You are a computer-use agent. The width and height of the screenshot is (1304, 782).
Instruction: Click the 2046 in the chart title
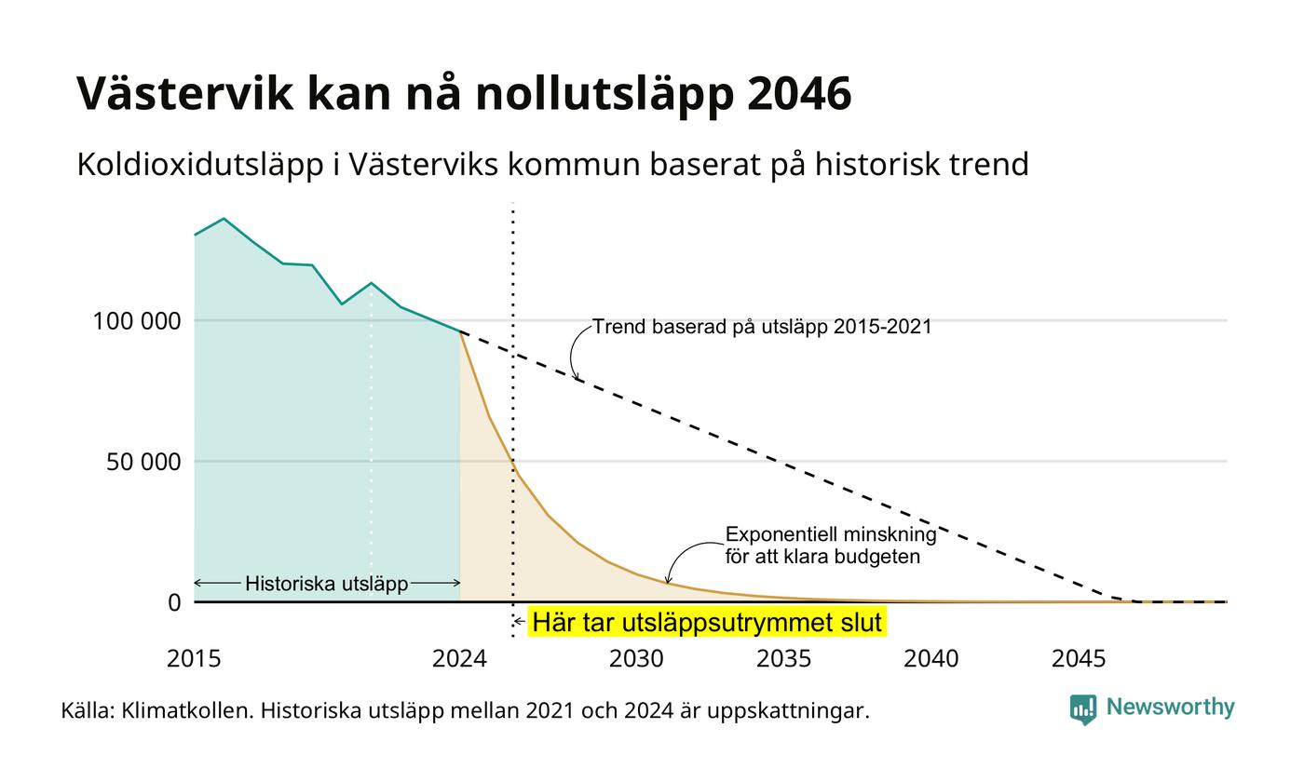pos(799,92)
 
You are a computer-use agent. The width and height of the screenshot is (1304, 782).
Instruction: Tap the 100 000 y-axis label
pos(138,321)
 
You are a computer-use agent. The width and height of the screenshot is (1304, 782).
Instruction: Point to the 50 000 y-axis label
pos(143,462)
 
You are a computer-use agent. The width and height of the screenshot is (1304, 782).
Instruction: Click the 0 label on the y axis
pos(175,603)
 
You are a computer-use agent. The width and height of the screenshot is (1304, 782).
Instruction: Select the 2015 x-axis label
pos(194,659)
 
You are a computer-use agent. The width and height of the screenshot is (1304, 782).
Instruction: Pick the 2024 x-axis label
pos(459,659)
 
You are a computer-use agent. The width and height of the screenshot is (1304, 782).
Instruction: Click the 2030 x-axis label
pos(636,659)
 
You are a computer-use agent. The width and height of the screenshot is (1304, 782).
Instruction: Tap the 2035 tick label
pos(783,659)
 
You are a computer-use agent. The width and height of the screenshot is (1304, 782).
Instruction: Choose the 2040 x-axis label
pos(930,659)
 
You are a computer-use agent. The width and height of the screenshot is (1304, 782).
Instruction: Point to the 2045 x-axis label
pos(1079,659)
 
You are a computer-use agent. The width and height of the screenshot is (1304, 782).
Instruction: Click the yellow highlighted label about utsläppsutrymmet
pos(707,622)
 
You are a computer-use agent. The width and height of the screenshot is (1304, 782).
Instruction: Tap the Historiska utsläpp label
pos(327,584)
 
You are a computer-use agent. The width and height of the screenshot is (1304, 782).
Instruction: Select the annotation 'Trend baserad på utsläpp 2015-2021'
pos(762,327)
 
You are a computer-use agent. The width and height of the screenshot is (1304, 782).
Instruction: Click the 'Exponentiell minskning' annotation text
pos(831,534)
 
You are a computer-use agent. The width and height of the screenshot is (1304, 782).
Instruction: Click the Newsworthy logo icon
pos(1082,709)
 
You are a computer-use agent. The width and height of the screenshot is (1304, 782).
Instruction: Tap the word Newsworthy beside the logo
pos(1170,707)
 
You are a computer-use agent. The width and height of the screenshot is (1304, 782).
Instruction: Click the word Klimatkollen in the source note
pos(187,711)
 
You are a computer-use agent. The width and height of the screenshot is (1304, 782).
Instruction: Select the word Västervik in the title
pos(185,92)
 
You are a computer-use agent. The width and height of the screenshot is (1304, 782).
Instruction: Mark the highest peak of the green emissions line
pos(224,219)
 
